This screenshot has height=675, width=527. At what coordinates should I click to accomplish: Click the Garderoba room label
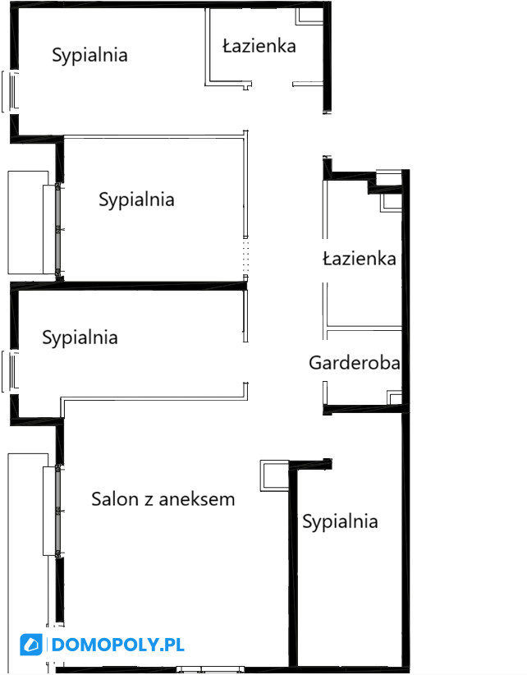[x=354, y=363]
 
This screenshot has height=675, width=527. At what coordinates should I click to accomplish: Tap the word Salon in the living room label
[x=115, y=499]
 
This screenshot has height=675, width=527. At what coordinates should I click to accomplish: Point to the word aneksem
[x=197, y=499]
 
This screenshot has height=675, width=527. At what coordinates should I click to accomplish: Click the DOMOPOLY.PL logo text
[x=118, y=645]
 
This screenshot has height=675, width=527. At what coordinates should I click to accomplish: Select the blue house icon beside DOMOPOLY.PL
[x=31, y=645]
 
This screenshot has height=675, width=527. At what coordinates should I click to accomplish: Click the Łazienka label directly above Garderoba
[x=360, y=259]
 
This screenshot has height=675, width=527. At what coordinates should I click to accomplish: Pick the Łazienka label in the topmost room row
[x=259, y=46]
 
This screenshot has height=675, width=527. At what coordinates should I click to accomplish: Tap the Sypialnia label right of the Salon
[x=340, y=521]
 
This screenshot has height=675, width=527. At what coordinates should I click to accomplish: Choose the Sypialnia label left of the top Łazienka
[x=89, y=56]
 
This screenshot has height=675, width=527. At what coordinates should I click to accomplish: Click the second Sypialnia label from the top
[x=136, y=200]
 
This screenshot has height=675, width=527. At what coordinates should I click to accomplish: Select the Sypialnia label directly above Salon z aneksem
[x=80, y=337]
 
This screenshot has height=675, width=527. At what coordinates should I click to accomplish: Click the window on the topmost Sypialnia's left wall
[x=11, y=91]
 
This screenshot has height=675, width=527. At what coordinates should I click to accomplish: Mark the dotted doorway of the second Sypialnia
[x=245, y=256]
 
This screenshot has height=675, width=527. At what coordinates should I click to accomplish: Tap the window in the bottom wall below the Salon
[x=209, y=670]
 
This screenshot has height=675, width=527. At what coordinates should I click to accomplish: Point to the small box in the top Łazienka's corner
[x=309, y=16]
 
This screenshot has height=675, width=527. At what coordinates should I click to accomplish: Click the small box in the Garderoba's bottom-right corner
[x=395, y=397]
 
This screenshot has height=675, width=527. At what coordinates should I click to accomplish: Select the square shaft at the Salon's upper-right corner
[x=274, y=475]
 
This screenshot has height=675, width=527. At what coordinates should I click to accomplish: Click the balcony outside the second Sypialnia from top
[x=28, y=223]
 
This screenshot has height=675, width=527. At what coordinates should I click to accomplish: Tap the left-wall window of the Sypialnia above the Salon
[x=11, y=371]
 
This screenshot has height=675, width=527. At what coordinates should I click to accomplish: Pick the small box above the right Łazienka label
[x=391, y=203]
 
